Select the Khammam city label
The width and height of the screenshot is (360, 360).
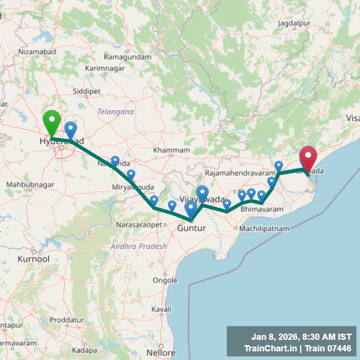click(172, 150)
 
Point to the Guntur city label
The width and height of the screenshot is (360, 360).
click(192, 228)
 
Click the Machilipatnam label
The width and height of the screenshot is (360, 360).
click(264, 229)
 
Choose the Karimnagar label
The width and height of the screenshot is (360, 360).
click(105, 69)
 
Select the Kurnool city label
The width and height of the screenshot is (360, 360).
click(33, 259)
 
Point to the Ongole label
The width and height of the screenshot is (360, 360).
click(165, 280)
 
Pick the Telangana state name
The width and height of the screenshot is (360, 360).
click(116, 111)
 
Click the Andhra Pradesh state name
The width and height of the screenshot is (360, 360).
click(139, 246)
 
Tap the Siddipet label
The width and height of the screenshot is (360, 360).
click(86, 91)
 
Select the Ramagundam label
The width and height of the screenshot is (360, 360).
click(128, 57)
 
